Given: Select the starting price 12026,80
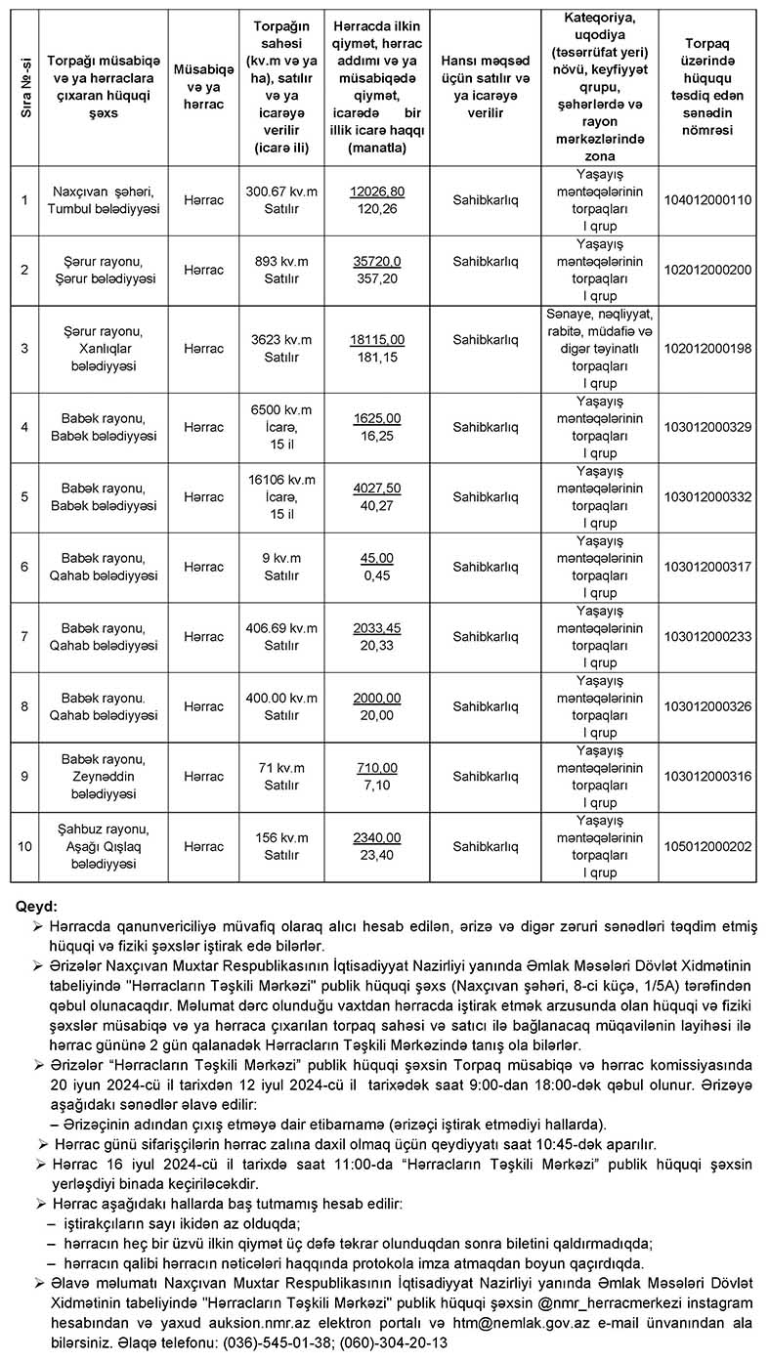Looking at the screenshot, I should [x=376, y=191].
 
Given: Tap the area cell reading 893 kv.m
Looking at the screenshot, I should [x=282, y=261].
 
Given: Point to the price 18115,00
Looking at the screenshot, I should [x=376, y=340].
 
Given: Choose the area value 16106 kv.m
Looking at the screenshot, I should [x=282, y=480].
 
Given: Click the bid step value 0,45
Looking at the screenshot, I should [x=376, y=575].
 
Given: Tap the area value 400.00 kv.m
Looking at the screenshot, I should [x=282, y=699].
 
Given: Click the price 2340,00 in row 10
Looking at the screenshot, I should [x=376, y=837].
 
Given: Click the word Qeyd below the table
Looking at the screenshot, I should [x=36, y=907].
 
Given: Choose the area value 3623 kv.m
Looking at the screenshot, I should [x=282, y=339].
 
